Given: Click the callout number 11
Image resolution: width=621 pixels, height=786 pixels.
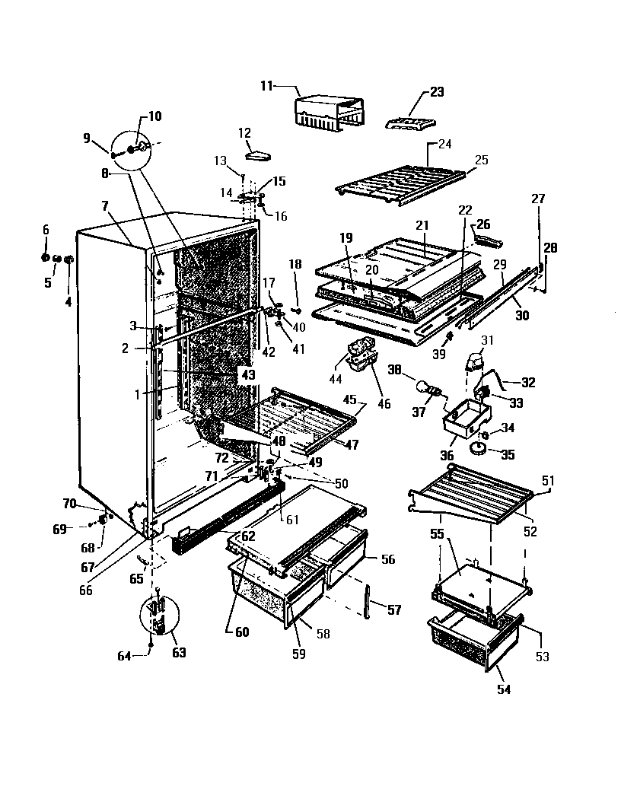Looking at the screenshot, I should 266,87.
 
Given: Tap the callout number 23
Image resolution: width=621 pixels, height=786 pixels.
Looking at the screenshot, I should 436,92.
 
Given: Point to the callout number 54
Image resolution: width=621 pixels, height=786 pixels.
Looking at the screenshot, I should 504,689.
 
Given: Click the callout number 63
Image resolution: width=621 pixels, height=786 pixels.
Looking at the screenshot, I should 179,652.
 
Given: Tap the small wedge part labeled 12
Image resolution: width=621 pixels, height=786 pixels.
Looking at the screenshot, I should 258,154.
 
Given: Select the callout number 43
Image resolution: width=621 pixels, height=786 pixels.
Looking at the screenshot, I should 247,374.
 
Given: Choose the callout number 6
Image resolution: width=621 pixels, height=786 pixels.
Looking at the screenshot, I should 45,230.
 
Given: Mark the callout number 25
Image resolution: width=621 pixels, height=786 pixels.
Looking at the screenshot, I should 482,161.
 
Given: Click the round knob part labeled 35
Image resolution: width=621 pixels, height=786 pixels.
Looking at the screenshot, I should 479,448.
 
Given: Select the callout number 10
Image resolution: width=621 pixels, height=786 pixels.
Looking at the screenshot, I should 154,116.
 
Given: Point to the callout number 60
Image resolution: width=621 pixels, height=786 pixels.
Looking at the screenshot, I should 241,631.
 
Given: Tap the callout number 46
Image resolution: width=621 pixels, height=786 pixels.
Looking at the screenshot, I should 384,403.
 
